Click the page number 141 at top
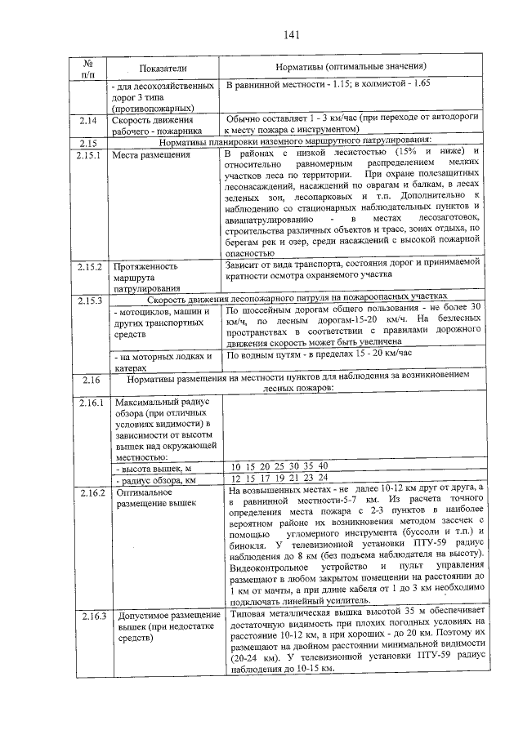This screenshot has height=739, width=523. [x=293, y=34]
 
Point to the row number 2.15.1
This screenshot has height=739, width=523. [x=88, y=155]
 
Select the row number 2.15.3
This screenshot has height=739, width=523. [x=88, y=302]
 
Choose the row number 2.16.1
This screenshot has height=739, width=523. [x=88, y=403]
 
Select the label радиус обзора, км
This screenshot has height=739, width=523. [x=156, y=480]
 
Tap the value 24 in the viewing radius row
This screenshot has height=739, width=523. [x=323, y=478]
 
